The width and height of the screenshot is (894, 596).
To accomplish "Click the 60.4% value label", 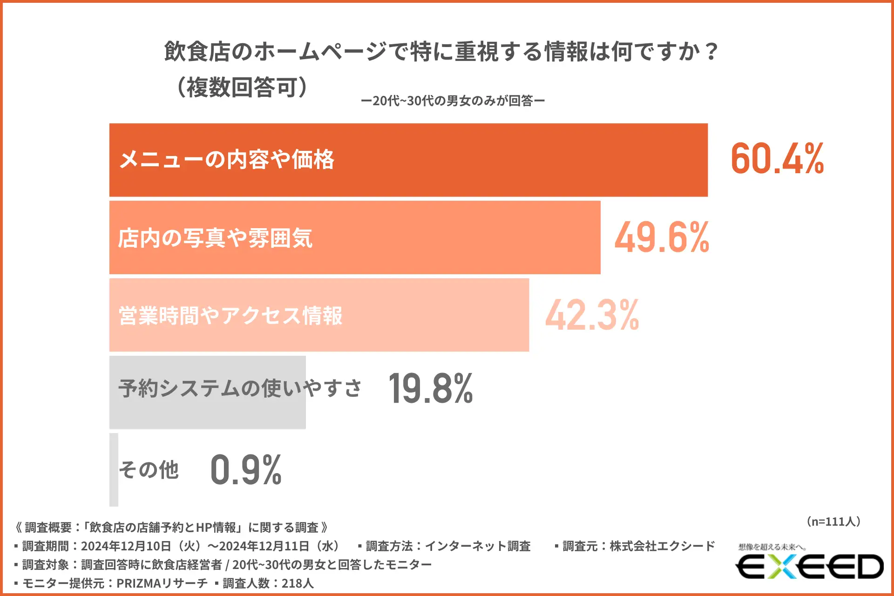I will (777, 159).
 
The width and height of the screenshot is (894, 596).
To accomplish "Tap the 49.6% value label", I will (662, 237).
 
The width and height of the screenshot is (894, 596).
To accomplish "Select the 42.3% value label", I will (592, 315).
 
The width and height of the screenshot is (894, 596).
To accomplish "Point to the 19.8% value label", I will (431, 389).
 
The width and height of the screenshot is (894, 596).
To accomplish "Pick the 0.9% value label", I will (246, 470).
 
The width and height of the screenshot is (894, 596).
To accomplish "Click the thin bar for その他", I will (114, 470).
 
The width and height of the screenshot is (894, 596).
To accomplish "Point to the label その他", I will (149, 470).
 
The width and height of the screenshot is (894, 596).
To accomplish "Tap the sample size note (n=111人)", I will (833, 521).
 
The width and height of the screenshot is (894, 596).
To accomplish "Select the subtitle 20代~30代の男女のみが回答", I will (453, 101).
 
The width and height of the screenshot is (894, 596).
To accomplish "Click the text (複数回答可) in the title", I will (242, 87).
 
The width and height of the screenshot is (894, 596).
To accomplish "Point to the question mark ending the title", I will (711, 51).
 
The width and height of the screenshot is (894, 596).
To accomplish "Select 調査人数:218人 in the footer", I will (268, 583).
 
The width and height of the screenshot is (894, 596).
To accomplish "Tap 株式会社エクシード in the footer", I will (662, 546).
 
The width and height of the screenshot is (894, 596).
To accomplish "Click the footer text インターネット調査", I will (477, 546).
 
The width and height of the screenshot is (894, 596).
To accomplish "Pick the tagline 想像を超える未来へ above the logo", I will (772, 547).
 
